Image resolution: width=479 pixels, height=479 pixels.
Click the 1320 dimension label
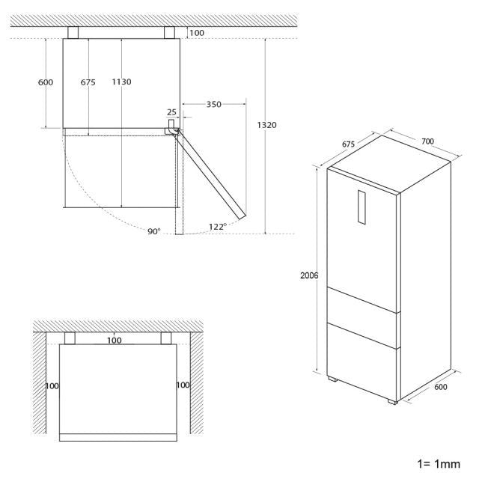click(x=266, y=125)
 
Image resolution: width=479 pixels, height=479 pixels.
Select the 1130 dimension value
click(x=121, y=82)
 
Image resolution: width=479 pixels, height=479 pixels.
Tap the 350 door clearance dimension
click(x=213, y=105)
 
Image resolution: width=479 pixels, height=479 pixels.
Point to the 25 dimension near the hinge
click(x=171, y=112)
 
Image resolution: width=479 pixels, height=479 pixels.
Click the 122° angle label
click(x=218, y=227)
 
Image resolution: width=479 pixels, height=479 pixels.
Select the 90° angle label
click(x=154, y=231)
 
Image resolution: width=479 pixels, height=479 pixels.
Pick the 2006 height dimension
click(x=309, y=275)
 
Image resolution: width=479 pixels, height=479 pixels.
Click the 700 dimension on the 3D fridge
click(x=427, y=141)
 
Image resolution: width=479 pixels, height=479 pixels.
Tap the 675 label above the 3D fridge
click(x=348, y=144)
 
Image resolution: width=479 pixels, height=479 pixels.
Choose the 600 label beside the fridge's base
click(x=441, y=387)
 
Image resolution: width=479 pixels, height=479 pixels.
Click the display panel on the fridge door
click(x=361, y=207)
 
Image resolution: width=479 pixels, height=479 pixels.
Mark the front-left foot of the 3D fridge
click(x=333, y=379)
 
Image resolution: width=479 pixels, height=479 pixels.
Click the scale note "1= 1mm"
click(x=439, y=464)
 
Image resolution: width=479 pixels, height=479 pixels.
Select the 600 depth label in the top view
click(x=46, y=82)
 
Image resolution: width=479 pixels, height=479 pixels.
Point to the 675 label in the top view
click(x=88, y=82)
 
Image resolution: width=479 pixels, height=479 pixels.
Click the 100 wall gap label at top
click(x=197, y=33)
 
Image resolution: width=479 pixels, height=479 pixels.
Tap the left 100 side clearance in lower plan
click(x=52, y=386)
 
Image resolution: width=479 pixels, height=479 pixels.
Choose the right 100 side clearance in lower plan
click(x=183, y=385)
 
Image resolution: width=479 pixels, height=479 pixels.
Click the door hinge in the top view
click(x=171, y=128)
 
